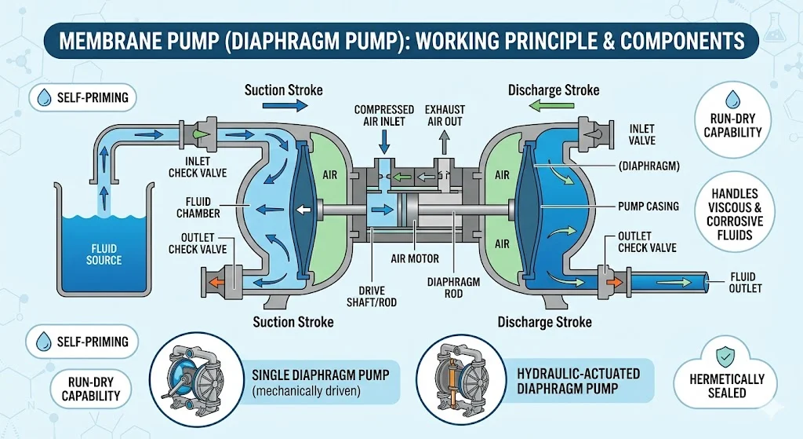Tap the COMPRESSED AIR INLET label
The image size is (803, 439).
pyautogui.click(x=383, y=115)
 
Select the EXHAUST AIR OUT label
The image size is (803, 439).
pyautogui.click(x=445, y=115)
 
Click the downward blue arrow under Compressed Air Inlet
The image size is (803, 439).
pyautogui.click(x=383, y=141)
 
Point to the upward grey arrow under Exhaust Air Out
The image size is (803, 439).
pyautogui.click(x=444, y=142)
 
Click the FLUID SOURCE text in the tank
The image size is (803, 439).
pyautogui.click(x=104, y=254)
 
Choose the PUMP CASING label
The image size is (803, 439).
pyautogui.click(x=648, y=207)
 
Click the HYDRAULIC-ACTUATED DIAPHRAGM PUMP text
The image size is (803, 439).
pyautogui.click(x=578, y=380)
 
